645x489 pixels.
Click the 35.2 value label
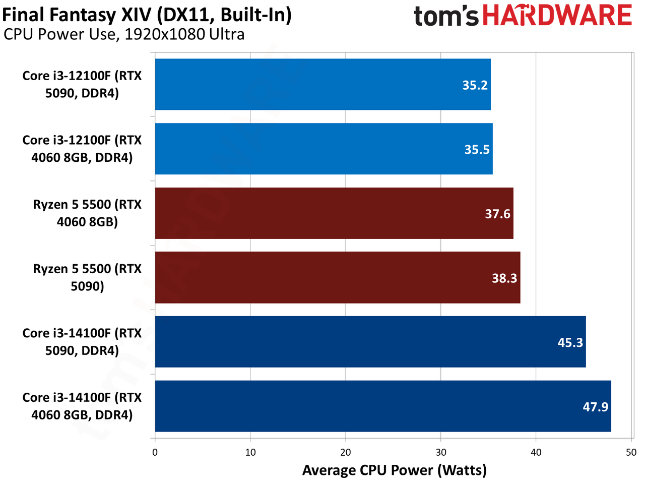click(475, 85)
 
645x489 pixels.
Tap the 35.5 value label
click(477, 150)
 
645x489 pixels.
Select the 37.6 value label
click(497, 214)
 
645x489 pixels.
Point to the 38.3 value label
click(504, 278)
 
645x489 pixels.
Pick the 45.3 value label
click(570, 343)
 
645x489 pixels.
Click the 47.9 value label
click(595, 407)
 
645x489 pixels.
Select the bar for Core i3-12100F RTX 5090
click(322, 84)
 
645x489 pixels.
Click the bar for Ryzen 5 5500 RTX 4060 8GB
click(334, 213)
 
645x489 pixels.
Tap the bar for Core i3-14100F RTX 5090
click(370, 342)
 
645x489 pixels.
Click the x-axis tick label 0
click(155, 452)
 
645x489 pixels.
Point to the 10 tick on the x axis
click(250, 452)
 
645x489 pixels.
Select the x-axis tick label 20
click(345, 452)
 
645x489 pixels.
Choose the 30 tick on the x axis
click(440, 452)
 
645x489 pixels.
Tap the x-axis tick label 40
click(536, 452)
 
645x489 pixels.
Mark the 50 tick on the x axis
click(631, 452)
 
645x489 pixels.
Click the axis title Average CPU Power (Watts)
click(395, 470)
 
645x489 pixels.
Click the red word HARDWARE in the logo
click(557, 15)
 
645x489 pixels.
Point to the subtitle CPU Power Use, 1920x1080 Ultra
click(124, 35)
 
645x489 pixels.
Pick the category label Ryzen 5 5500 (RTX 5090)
click(87, 277)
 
